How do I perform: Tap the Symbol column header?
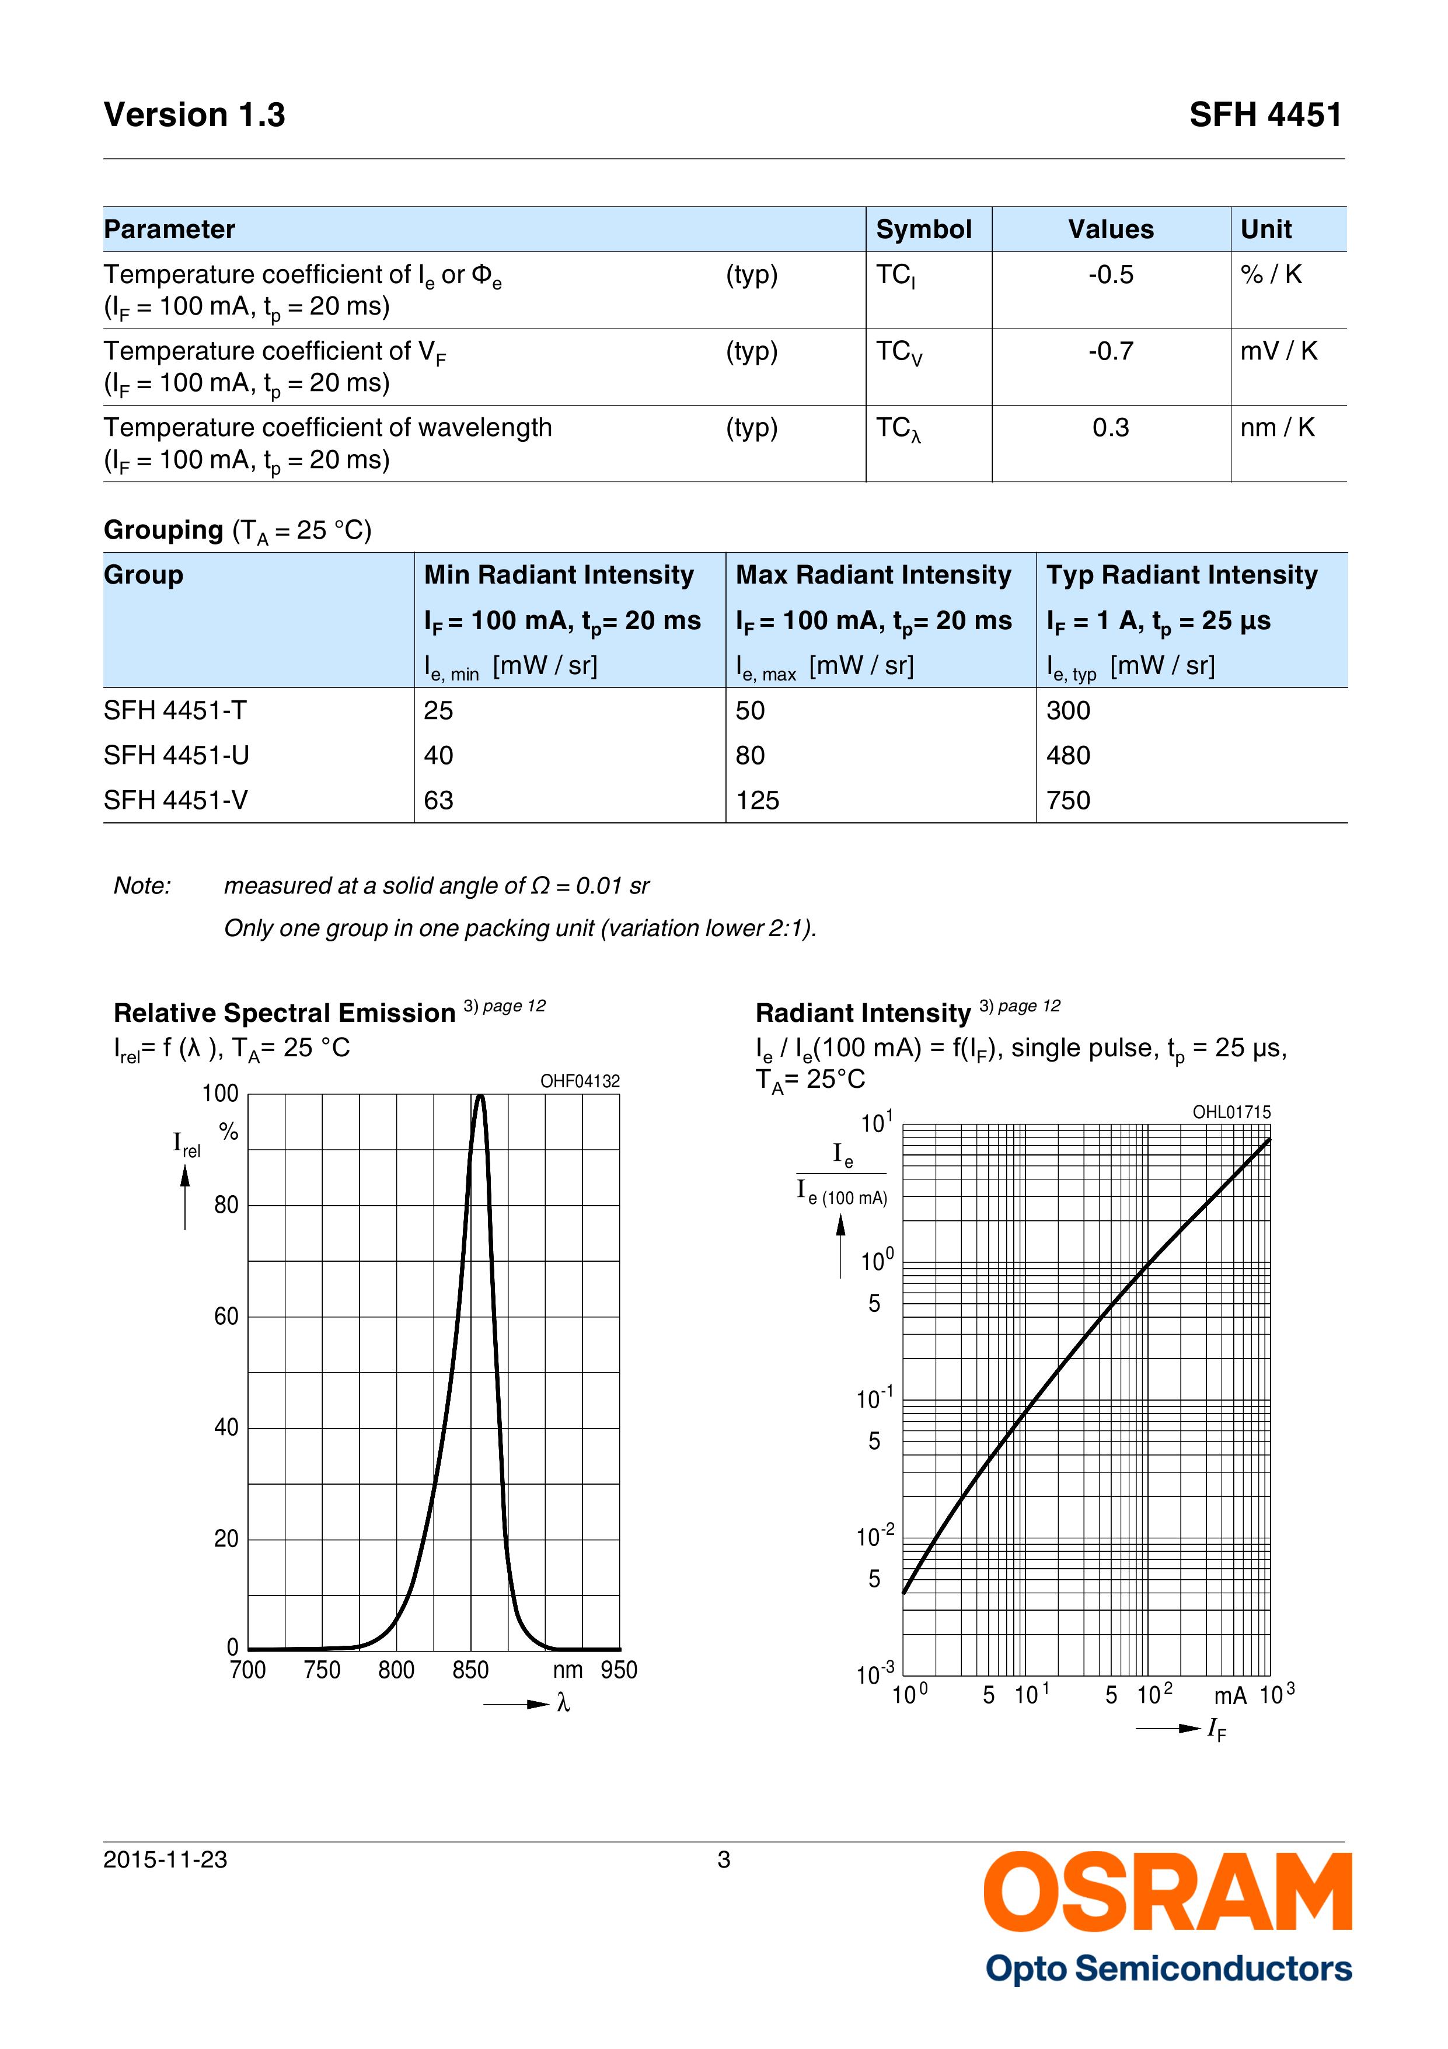pos(923,229)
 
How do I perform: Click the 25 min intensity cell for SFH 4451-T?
pos(438,710)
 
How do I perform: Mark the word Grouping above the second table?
pos(163,530)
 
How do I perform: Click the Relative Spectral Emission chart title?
pos(284,1013)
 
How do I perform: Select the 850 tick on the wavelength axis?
pos(470,1670)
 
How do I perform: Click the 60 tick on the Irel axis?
pos(226,1317)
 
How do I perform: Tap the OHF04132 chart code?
pos(580,1081)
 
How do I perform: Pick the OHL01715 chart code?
pos(1231,1112)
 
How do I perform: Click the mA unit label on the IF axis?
pos(1229,1695)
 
